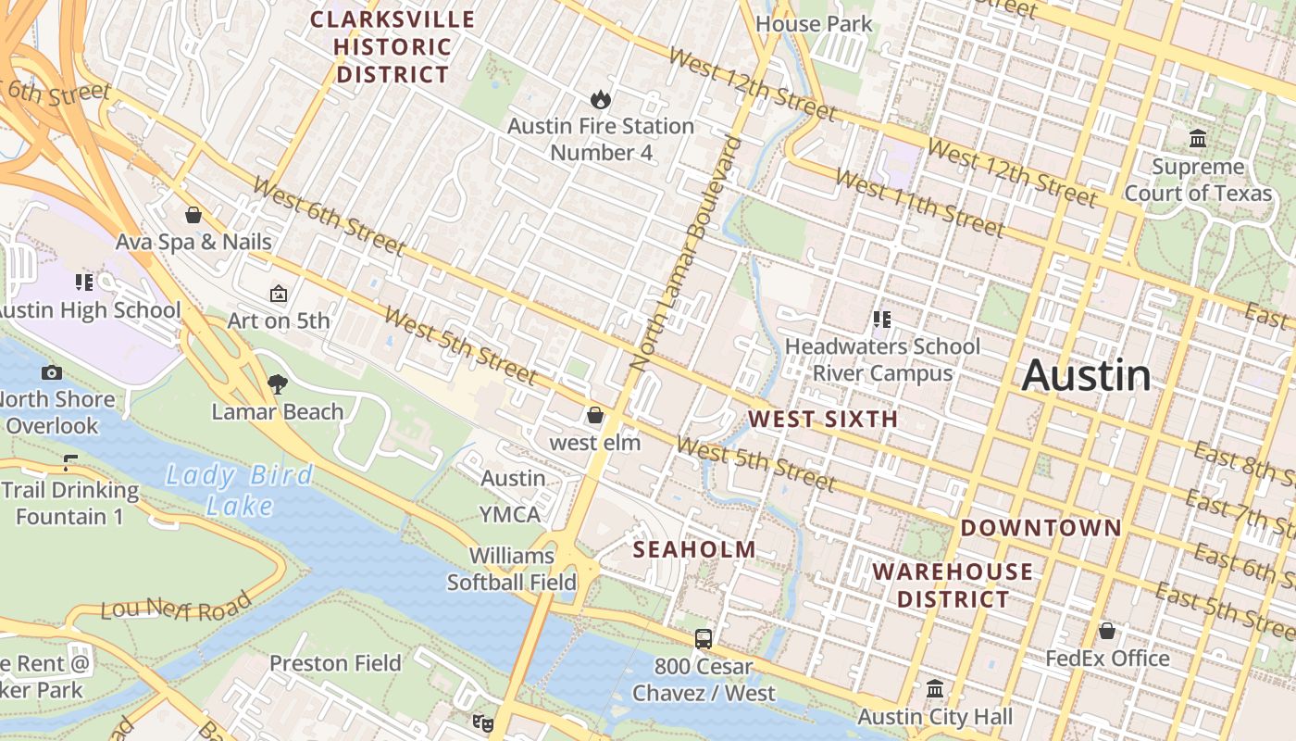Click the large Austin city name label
pos(1087,375)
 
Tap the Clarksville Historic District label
pos(393,46)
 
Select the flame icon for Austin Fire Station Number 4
pos(600,98)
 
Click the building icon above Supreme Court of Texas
pos(1198,139)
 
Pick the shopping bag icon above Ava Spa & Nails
pos(193,215)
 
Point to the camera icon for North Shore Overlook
pos(52,372)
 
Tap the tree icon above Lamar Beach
pos(277,383)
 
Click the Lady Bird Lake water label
pos(239,490)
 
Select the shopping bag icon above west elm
pos(595,415)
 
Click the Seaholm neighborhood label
pos(694,549)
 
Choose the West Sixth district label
pos(823,419)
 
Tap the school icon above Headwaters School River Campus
pos(881,320)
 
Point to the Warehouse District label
pos(953,584)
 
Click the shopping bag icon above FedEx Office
pos(1106,631)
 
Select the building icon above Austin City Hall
pos(935,689)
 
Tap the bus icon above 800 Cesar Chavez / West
pos(704,638)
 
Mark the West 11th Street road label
pos(918,203)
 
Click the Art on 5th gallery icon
pos(278,294)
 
